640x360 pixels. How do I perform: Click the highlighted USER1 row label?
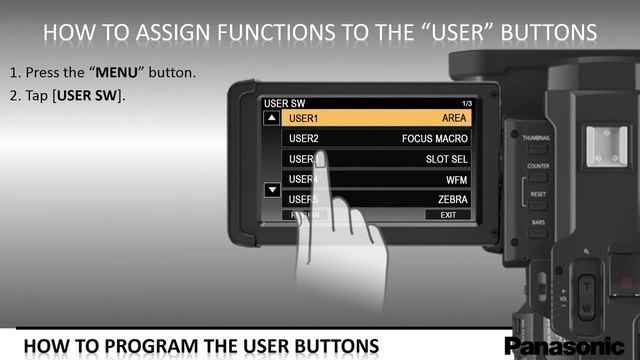304,118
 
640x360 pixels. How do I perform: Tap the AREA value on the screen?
454,118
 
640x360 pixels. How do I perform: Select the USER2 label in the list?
304,138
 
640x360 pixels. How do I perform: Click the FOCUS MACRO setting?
434,138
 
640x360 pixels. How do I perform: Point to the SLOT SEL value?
446,159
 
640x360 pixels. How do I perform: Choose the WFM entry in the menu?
456,179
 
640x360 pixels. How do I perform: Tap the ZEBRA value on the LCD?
450,199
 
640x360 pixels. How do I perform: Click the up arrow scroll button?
271,118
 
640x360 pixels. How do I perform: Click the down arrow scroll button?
271,189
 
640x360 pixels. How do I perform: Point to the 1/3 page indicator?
466,104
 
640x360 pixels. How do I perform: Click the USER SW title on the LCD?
281,104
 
